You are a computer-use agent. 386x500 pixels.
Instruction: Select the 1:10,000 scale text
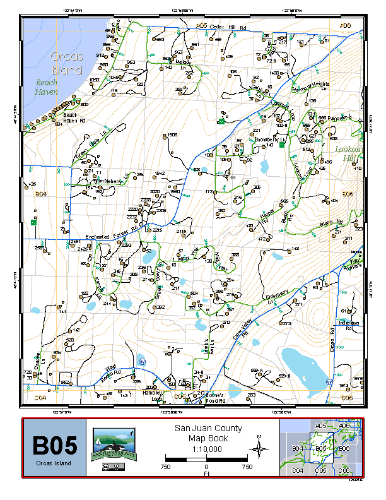click(206, 449)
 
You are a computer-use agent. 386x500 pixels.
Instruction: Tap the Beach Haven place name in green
click(46, 87)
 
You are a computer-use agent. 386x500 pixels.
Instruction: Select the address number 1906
click(172, 135)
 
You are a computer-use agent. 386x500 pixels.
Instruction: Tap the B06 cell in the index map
click(344, 449)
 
